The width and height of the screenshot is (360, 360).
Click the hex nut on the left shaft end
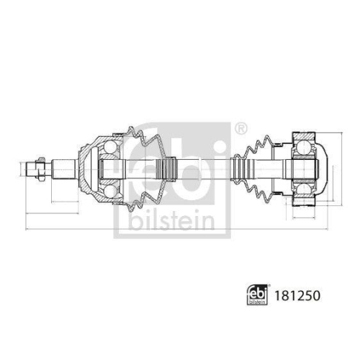tap(32, 170)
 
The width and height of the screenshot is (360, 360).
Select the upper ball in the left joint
tap(109, 148)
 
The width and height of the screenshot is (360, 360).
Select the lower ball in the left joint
tap(109, 192)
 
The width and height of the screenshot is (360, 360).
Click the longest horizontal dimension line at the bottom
tap(173, 230)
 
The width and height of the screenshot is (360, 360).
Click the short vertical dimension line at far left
tap(16, 170)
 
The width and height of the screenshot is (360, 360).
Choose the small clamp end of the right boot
tap(236, 170)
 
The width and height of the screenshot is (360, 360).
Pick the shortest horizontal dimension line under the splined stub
tap(37, 194)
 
